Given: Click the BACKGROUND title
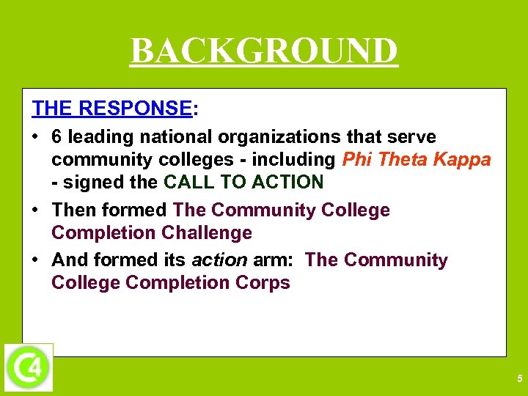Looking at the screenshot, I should pos(264,51).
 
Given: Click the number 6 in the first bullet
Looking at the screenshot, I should pos(57,137).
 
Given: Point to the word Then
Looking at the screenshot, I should pos(74,210).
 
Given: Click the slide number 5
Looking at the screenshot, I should pos(519,379).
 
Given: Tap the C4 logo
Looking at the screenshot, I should pos(29,367).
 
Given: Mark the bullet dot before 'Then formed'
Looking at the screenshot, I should pos(36,210).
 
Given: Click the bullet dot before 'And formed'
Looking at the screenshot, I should pos(36,260).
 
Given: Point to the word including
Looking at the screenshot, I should pos(293,160).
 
